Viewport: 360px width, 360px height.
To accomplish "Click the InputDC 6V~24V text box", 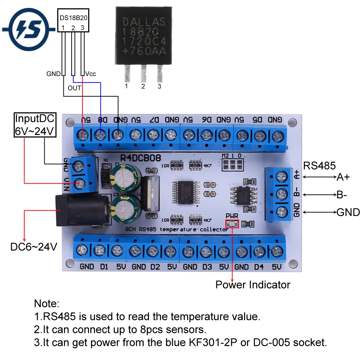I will [x=35, y=125].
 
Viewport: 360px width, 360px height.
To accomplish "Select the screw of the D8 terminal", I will [x=100, y=135].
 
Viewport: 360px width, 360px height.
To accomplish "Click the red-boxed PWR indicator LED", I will [x=232, y=224].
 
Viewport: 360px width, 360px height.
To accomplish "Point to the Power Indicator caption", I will [x=253, y=285].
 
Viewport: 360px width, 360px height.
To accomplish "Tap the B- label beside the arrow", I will [x=342, y=195].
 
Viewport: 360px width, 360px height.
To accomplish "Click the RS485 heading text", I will [x=320, y=166].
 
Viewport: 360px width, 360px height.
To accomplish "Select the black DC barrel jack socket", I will [x=80, y=211].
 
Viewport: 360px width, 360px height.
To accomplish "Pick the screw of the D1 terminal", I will [x=99, y=250].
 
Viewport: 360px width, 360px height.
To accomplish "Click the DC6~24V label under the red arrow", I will [x=33, y=247].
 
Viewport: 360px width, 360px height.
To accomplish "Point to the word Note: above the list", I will [x=46, y=303].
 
